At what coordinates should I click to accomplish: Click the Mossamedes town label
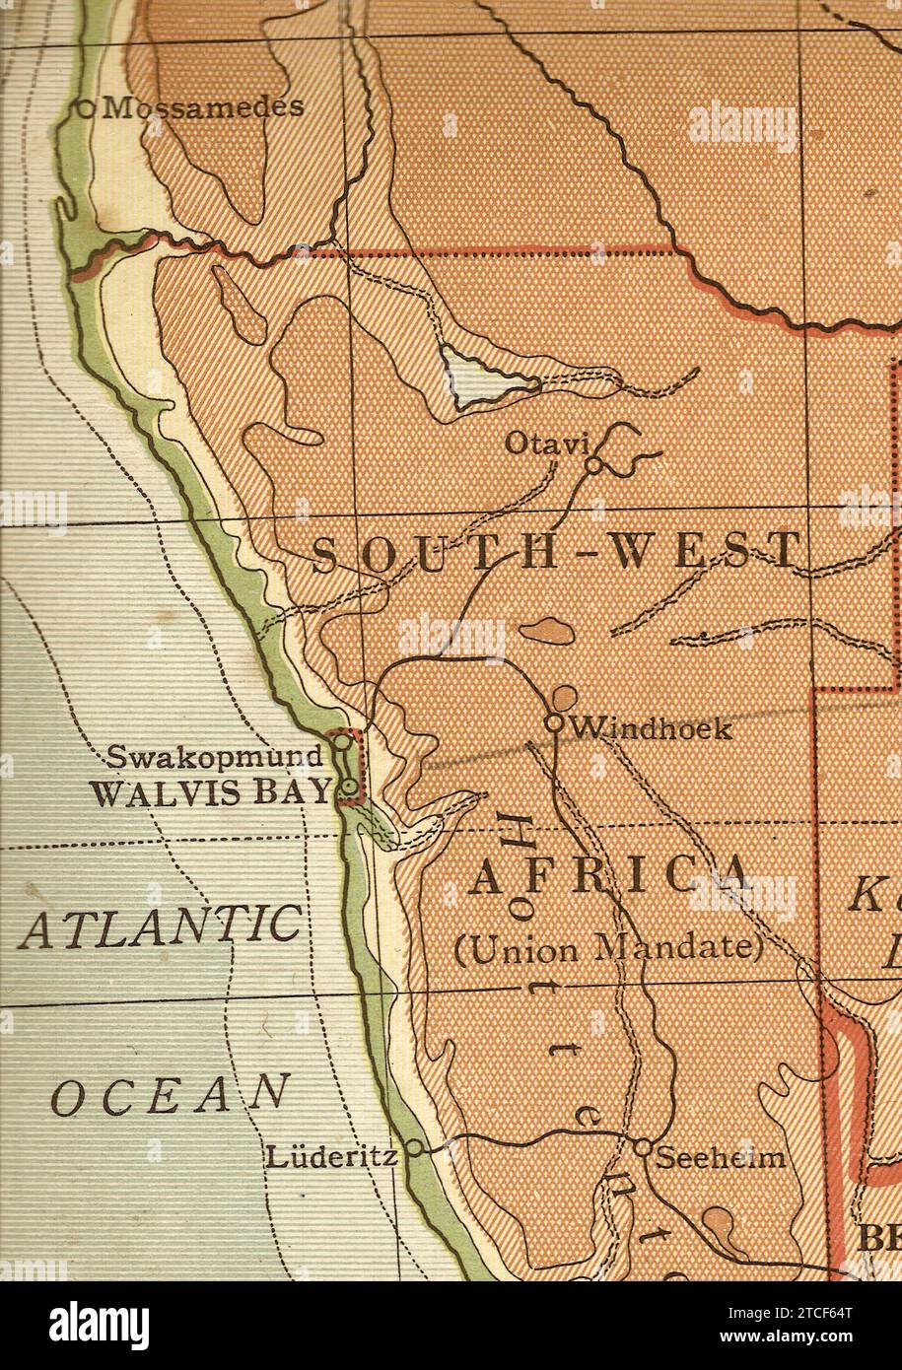202,107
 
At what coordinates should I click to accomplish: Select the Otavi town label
546,444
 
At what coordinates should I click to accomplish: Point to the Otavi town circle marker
593,465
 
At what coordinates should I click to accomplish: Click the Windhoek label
653,728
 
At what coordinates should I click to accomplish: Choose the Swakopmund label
215,757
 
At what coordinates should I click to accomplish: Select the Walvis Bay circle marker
349,787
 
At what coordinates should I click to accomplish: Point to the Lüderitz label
331,1156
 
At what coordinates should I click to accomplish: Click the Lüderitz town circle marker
415,1147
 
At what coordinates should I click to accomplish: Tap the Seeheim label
722,1157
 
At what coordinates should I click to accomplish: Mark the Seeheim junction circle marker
642,1148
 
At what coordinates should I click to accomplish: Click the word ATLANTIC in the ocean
159,927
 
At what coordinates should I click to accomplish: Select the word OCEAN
171,1095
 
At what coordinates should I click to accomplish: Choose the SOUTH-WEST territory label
555,552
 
